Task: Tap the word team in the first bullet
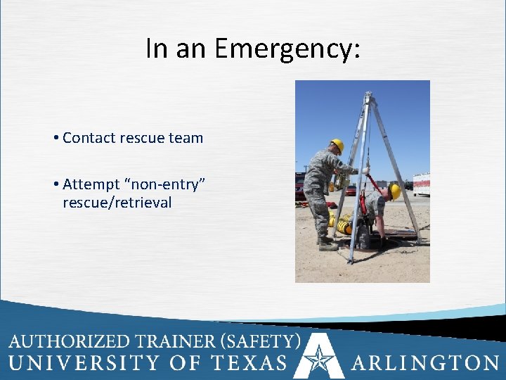click(187, 138)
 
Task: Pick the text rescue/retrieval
click(117, 203)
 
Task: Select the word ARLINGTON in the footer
click(425, 362)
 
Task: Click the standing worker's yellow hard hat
click(337, 144)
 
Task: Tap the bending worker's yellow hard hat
click(395, 191)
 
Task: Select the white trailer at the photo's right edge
click(421, 184)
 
